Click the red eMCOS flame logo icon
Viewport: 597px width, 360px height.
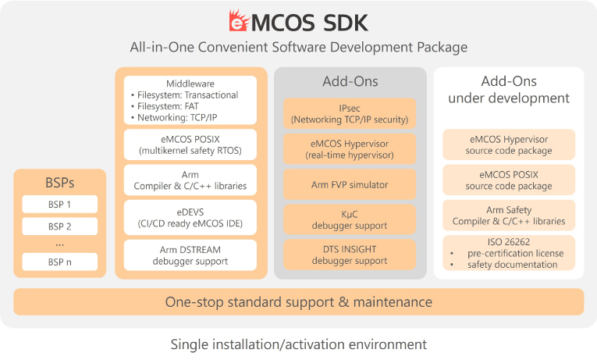(239, 20)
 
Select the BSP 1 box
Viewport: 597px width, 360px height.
(60, 205)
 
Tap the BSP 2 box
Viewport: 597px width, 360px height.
(60, 226)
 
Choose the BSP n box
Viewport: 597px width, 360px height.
(60, 262)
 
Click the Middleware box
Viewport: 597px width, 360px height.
(190, 100)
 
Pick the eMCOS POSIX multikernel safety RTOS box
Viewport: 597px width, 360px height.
(190, 144)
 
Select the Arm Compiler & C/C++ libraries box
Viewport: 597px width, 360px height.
(190, 180)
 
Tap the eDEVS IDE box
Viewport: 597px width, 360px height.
(190, 217)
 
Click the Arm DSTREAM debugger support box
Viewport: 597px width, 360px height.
(190, 255)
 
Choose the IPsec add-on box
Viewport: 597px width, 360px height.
(350, 113)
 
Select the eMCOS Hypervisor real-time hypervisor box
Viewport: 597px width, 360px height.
(350, 148)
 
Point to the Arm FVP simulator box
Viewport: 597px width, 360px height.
(350, 185)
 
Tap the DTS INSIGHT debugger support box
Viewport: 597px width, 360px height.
(350, 255)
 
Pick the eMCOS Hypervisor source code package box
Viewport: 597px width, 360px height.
(508, 144)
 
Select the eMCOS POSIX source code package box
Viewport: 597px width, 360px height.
(508, 180)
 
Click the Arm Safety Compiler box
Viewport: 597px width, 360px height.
(508, 215)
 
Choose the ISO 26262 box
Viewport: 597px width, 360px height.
(508, 253)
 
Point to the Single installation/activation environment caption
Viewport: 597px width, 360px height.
(298, 344)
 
